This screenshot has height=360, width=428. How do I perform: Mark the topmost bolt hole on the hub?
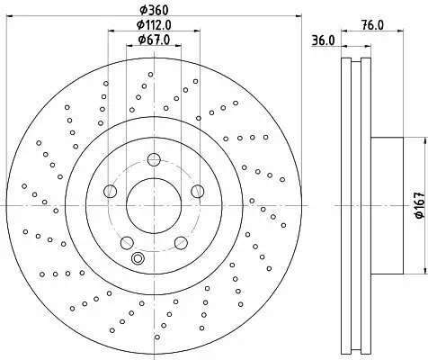pyautogui.click(x=153, y=160)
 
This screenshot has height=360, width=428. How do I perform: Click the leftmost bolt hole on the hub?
pyautogui.click(x=111, y=191)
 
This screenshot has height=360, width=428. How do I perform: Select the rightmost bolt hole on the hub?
pyautogui.click(x=196, y=190)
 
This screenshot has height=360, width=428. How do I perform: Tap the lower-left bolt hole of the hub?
pyautogui.click(x=127, y=240)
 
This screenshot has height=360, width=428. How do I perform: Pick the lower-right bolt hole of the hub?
pyautogui.click(x=180, y=240)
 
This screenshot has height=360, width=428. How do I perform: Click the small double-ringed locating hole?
pyautogui.click(x=138, y=259)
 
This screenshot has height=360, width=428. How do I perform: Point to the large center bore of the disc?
pyautogui.click(x=153, y=204)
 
